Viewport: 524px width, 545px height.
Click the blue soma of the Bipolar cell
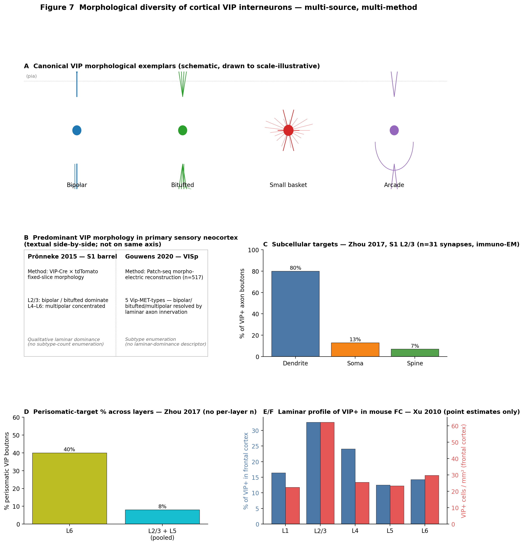77,130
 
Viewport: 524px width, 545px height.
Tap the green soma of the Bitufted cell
183,130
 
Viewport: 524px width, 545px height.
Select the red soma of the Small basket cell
288,130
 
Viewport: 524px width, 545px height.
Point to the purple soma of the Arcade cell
394,130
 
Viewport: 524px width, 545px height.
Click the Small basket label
288,185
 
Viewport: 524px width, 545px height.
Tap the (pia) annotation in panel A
32,76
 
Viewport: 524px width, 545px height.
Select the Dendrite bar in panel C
295,314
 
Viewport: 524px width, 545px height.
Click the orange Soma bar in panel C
355,350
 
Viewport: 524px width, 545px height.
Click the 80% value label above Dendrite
295,268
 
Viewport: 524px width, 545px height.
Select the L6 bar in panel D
70,489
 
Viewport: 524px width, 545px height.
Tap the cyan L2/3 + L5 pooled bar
162,517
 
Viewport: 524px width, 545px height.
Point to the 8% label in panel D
162,507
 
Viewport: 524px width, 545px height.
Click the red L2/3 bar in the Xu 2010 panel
327,473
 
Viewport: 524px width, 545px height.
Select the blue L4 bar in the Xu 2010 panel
348,487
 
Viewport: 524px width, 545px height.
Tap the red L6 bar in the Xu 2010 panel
432,500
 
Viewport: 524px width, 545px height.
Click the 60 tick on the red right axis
455,426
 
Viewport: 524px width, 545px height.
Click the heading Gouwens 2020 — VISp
162,257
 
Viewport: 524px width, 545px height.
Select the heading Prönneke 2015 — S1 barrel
72,257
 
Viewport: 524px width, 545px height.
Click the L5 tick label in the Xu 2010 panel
390,531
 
